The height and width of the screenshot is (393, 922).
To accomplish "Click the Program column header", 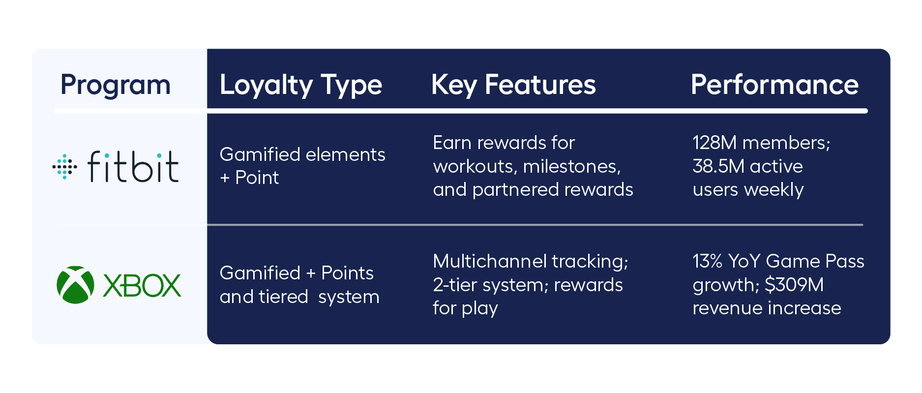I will (x=115, y=85).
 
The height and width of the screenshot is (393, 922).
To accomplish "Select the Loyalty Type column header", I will (x=300, y=85).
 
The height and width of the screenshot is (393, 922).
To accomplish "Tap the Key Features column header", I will (x=513, y=85).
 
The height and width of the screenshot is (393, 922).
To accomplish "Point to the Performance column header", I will (x=774, y=85).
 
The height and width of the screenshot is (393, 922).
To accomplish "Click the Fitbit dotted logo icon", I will (x=64, y=167).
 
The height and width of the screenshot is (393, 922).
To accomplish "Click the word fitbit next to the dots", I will (x=133, y=167).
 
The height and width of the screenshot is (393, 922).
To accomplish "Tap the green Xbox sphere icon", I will (x=75, y=285).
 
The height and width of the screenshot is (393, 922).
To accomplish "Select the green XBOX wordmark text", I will (x=142, y=286).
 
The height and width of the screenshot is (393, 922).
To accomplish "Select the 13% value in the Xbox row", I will (x=707, y=261).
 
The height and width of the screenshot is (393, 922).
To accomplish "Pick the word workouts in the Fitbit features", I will (x=473, y=167).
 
